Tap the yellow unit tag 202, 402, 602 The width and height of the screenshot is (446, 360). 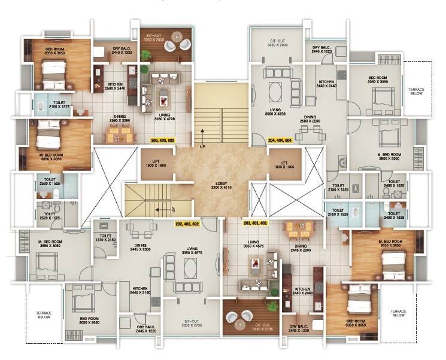[x=187, y=224]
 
